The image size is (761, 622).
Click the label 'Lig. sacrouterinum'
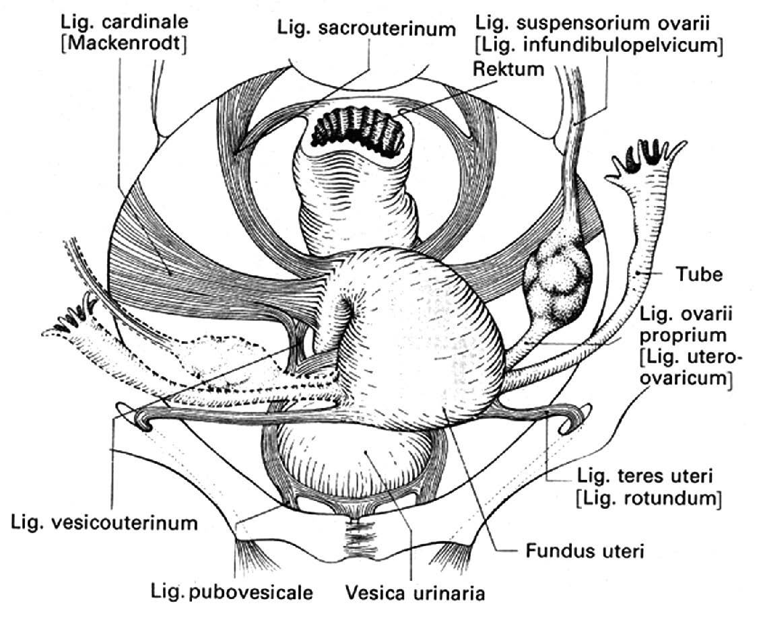tap(366, 28)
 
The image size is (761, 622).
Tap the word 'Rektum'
tap(508, 69)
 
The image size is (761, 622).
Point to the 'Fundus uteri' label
tap(584, 552)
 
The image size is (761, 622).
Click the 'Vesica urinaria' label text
tap(415, 593)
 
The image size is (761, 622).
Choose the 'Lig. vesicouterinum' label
tap(104, 522)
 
